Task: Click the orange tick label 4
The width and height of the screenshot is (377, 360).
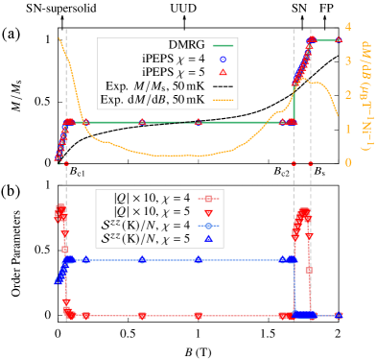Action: [347, 26]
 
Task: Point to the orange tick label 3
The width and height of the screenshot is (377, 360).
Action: [347, 60]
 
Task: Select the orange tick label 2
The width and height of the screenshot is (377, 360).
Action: [347, 94]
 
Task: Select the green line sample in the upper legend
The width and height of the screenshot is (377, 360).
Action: [223, 46]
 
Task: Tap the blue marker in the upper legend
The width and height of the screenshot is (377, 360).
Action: [223, 60]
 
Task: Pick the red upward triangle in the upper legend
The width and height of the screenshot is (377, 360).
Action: [223, 73]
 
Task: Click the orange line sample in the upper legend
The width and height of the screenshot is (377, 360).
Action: [223, 100]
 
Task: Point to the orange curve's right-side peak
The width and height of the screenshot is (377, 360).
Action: [312, 82]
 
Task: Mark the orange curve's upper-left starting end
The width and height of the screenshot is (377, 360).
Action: [61, 39]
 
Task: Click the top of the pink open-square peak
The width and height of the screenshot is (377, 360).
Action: [304, 211]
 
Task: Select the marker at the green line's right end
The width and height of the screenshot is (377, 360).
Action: [338, 40]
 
